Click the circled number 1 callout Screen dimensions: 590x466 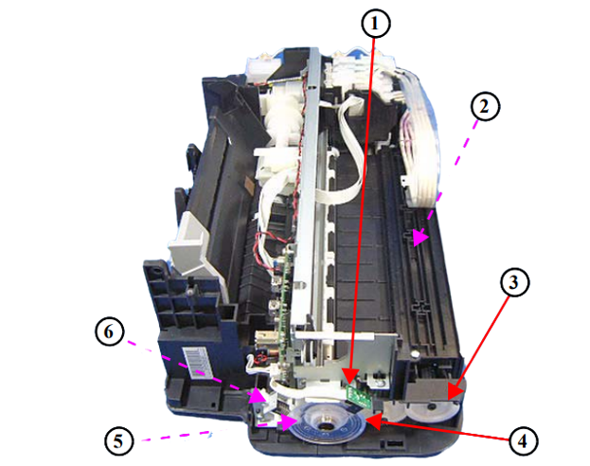point(375,24)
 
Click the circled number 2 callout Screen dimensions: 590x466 point(485,106)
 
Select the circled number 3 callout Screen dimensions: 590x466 point(514,282)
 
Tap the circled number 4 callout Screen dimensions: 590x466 point(523,440)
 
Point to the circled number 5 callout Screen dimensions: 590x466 point(119,440)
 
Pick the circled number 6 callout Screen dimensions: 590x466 point(110,332)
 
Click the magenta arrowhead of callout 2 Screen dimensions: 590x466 point(420,237)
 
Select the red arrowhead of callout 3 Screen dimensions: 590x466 point(455,391)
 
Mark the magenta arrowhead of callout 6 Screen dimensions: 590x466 point(259,395)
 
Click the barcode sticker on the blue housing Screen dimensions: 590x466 point(198,362)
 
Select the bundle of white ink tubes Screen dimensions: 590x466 point(420,135)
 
